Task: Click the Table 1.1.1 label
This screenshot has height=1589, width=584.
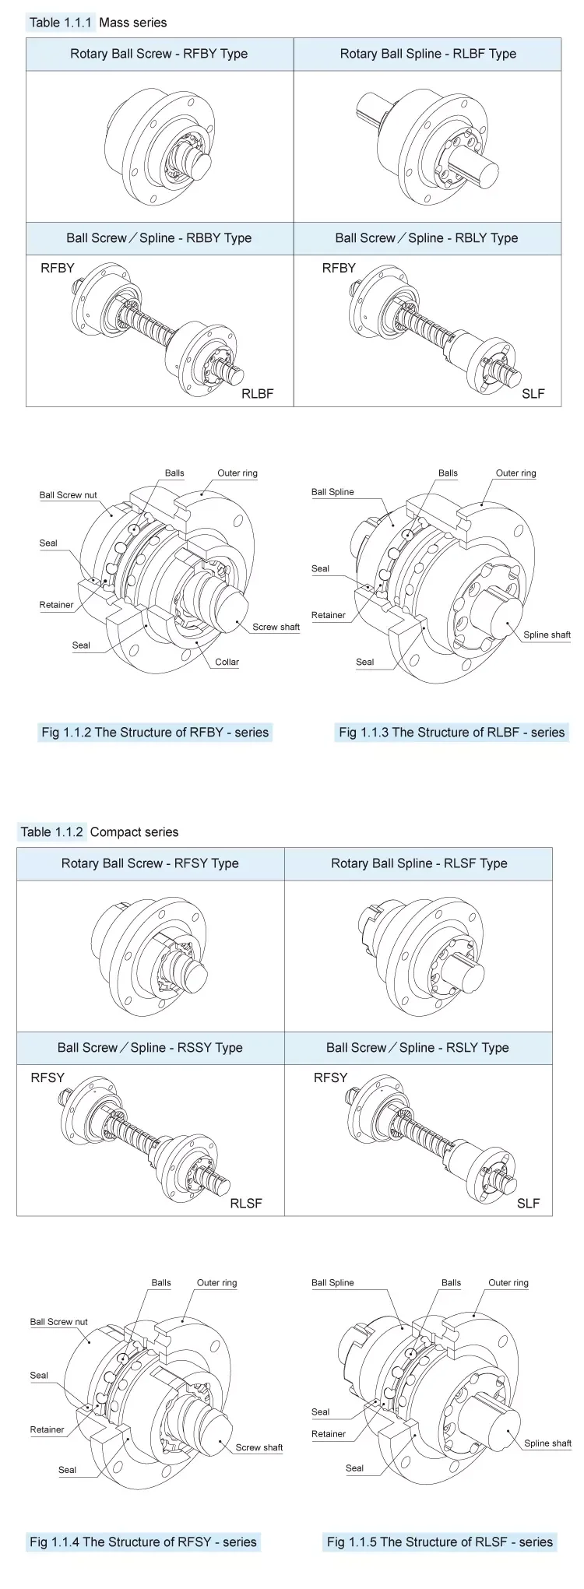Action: click(x=60, y=23)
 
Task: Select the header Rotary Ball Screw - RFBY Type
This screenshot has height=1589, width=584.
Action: click(x=159, y=54)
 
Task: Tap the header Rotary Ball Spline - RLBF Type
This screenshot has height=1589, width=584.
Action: click(x=427, y=54)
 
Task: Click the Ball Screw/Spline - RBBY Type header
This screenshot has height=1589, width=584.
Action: click(x=159, y=238)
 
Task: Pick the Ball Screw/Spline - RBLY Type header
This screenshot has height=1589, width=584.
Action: click(x=427, y=238)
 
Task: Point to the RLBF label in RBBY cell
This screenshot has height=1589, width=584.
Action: click(x=257, y=393)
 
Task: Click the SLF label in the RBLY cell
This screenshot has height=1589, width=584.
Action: click(x=533, y=393)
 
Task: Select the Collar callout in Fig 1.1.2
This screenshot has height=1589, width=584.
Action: click(x=227, y=662)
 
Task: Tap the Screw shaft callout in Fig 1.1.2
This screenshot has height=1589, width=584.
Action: click(x=276, y=627)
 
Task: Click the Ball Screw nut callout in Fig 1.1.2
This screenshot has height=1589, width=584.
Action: click(x=69, y=495)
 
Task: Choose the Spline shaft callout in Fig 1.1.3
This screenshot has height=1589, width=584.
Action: click(x=547, y=635)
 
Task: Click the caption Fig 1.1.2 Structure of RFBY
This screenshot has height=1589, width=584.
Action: click(x=155, y=733)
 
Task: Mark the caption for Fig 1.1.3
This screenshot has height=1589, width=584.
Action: click(x=452, y=733)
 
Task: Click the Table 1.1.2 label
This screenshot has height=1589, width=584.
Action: click(x=51, y=832)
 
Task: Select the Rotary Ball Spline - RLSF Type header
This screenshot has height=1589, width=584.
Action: click(x=419, y=863)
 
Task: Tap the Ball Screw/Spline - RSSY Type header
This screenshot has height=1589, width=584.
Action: click(x=150, y=1048)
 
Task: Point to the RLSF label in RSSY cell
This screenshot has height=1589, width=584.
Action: click(x=246, y=1203)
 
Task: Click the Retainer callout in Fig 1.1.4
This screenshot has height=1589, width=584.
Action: click(x=47, y=1429)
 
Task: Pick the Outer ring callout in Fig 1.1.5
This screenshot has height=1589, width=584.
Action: click(x=508, y=1283)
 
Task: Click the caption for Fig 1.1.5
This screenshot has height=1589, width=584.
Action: click(x=440, y=1542)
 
